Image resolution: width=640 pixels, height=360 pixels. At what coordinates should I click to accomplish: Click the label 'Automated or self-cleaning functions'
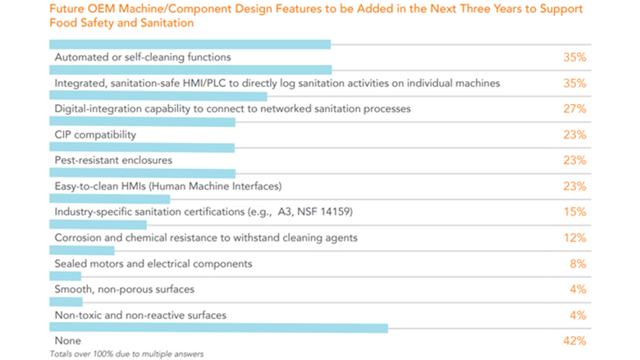point(142,58)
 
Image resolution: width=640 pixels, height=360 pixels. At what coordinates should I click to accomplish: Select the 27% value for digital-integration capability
point(574,109)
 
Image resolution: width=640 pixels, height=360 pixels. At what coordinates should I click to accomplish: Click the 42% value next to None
point(574,340)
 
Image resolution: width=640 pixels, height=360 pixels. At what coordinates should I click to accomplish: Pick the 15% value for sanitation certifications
point(574,212)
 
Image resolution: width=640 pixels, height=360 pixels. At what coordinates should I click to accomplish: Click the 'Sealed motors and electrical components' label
point(153,264)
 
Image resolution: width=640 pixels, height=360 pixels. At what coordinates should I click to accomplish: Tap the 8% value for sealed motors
point(578,264)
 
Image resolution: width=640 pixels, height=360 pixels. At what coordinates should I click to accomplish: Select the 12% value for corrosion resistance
point(574,238)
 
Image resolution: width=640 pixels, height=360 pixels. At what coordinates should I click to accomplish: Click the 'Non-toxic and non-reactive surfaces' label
point(140,315)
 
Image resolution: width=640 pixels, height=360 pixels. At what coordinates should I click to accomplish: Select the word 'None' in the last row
point(68,340)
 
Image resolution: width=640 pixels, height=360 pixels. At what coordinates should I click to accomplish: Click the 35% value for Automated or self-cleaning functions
point(574,58)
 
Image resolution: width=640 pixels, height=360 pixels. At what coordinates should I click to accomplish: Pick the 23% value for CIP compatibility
point(574,134)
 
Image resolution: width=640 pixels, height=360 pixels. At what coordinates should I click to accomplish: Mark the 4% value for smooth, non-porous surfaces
point(578,289)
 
